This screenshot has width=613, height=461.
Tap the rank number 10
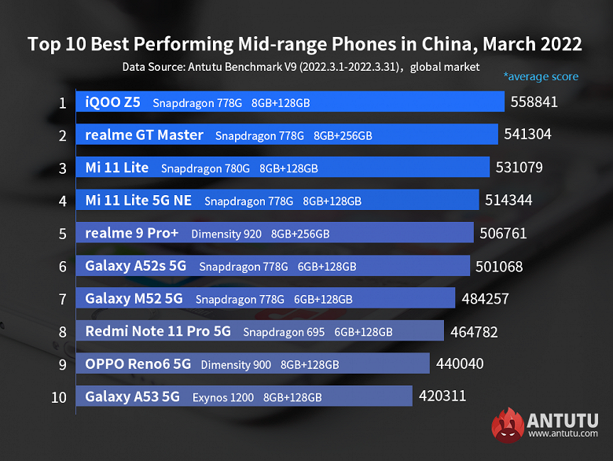click(x=59, y=396)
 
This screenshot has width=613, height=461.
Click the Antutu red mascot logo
click(x=508, y=425)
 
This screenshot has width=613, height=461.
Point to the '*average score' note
click(x=541, y=76)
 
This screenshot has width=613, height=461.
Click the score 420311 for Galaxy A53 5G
click(x=442, y=396)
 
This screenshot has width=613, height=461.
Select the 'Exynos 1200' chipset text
click(x=223, y=397)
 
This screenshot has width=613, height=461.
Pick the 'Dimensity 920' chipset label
click(x=226, y=234)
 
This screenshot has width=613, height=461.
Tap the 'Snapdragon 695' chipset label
click(x=284, y=332)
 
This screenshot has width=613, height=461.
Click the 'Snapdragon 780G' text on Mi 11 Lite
click(x=205, y=168)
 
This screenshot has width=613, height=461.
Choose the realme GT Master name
click(x=144, y=135)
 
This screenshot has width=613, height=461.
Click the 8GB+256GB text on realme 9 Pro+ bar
click(x=299, y=234)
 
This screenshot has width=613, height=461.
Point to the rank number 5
click(x=61, y=233)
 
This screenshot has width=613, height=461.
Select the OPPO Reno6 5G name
click(x=138, y=364)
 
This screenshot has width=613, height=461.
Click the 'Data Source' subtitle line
click(x=300, y=68)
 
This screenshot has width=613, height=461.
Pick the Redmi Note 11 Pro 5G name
click(x=158, y=331)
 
